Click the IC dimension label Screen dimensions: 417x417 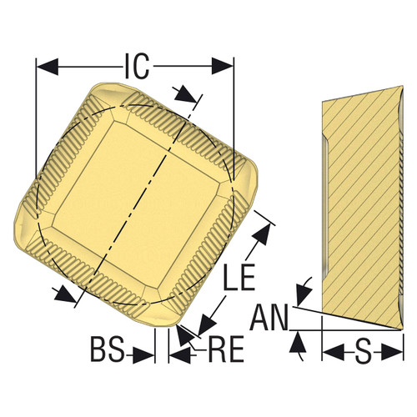click(135, 64)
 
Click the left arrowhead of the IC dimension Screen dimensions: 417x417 click(46, 64)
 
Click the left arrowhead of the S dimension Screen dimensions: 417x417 click(330, 353)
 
